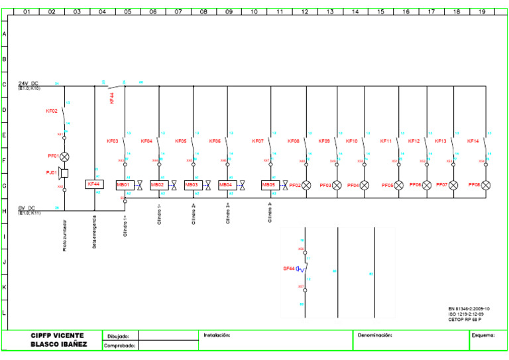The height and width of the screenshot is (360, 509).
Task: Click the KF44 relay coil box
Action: tap(93, 184)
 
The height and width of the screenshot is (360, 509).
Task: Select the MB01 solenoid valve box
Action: tap(124, 185)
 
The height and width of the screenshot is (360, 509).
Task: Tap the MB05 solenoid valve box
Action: tap(269, 185)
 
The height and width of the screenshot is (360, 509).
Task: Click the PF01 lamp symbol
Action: tap(65, 157)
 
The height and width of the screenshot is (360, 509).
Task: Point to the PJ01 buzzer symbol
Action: tap(64, 173)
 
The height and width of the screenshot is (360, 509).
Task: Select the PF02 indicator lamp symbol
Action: tap(306, 186)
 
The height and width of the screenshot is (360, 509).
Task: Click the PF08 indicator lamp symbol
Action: tap(486, 185)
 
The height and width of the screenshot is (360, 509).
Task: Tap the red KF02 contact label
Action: tap(51, 111)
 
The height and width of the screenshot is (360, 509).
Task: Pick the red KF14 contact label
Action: tap(473, 141)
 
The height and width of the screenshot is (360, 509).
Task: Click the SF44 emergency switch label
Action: tap(288, 268)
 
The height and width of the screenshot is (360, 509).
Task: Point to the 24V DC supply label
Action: tap(28, 84)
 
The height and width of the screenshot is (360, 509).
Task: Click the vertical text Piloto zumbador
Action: tap(65, 236)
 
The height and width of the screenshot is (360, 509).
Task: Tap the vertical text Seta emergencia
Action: tap(95, 232)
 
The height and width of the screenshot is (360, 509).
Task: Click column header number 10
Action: tap(254, 11)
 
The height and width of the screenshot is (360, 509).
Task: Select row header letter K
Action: tap(5, 287)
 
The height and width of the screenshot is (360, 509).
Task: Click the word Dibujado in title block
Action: tap(118, 336)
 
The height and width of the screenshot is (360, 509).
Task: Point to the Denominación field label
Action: tap(375, 335)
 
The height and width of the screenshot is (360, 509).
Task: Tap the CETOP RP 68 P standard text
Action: tap(469, 319)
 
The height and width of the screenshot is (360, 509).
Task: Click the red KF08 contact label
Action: tap(293, 141)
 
